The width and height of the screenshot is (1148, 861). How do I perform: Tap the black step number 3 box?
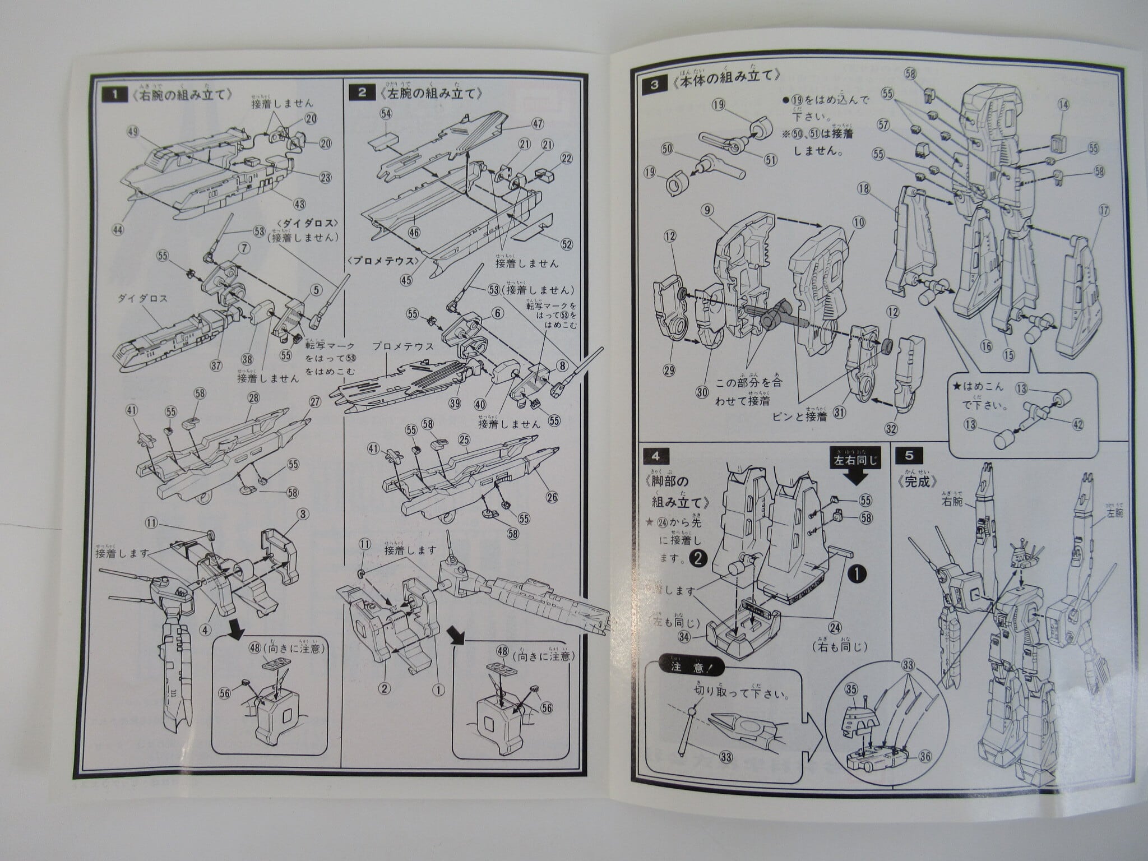(x=655, y=85)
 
